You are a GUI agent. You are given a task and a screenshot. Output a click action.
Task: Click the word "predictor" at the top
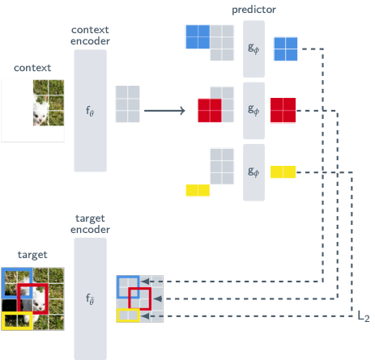coord(254,10)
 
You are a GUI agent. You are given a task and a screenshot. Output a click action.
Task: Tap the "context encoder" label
coord(90,36)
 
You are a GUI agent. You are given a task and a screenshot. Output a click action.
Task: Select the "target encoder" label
coord(90,224)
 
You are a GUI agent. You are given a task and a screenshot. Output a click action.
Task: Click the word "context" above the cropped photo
coord(32,68)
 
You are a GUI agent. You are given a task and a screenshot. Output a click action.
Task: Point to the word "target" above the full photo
coord(32,255)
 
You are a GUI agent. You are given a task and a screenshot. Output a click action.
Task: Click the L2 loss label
coord(364,316)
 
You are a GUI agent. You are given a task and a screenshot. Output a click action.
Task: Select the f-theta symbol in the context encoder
coord(90,111)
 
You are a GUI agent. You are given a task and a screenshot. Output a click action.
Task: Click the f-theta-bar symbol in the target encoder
coord(90,299)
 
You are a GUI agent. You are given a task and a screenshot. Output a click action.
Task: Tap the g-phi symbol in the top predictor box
coord(254,49)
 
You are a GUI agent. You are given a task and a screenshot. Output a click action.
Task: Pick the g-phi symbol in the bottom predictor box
coord(254,172)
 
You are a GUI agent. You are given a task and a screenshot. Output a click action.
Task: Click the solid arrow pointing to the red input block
coord(164,111)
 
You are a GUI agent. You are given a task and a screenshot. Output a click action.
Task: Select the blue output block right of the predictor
coord(286,49)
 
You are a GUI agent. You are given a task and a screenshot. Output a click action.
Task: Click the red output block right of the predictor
coord(283,110)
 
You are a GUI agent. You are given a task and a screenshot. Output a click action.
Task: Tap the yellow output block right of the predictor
coord(283,172)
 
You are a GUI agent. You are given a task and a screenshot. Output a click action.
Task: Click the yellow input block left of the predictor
coord(198,190)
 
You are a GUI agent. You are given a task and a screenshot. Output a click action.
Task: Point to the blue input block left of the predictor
coord(198,36)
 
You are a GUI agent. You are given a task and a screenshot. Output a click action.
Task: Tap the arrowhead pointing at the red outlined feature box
coord(157,299)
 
